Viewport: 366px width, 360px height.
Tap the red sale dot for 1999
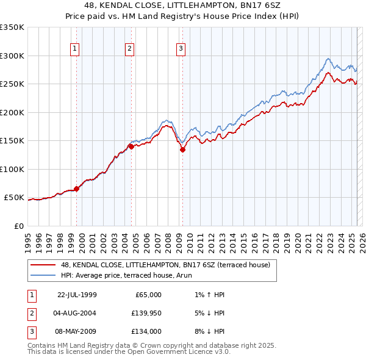tap(77, 189)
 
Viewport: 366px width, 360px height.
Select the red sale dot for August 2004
tap(131, 146)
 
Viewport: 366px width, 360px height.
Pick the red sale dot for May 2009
tap(182, 149)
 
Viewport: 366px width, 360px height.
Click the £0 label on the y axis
tap(18, 226)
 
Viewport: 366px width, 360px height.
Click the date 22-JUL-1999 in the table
tap(77, 295)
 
